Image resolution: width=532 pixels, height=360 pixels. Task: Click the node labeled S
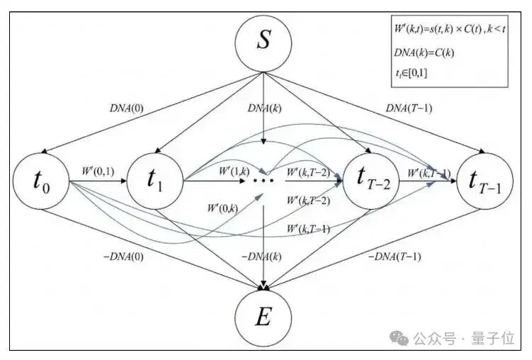[x=264, y=44]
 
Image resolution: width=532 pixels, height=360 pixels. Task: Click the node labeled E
[x=264, y=318]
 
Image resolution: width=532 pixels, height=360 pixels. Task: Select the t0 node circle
[x=41, y=181]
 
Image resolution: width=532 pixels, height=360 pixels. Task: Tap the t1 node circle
[x=155, y=181]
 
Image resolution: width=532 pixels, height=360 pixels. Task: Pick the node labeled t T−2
[x=370, y=181]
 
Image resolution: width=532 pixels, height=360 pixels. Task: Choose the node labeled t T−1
[x=485, y=181]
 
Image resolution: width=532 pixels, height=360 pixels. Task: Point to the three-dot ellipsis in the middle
[x=264, y=181]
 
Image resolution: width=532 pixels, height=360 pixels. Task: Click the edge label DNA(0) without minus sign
[x=127, y=108]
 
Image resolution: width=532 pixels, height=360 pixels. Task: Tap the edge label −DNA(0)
[x=123, y=256]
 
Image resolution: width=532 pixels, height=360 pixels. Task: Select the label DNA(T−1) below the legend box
[x=409, y=108]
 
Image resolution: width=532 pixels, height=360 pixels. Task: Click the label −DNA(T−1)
[x=395, y=256]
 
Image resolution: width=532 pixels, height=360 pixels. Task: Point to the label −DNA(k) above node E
[x=261, y=256]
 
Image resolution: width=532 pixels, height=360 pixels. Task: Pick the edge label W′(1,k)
[x=234, y=171]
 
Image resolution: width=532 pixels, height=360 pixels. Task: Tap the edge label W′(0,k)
[x=222, y=208]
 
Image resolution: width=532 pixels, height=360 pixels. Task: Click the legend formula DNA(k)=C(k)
[x=424, y=52]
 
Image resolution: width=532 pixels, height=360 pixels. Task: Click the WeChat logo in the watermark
[x=399, y=337]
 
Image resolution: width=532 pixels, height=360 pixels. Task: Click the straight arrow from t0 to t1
[x=98, y=181]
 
